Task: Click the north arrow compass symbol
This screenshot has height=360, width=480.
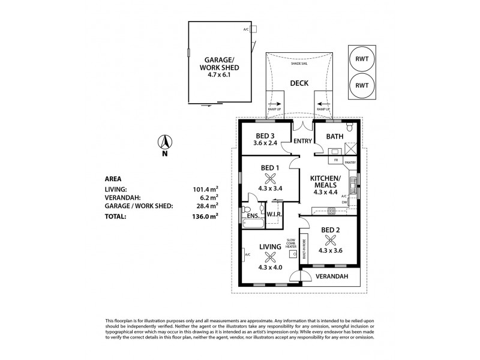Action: [x=163, y=143]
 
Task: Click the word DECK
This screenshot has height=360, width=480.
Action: [x=298, y=85]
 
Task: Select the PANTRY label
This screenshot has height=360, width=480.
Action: [x=350, y=161]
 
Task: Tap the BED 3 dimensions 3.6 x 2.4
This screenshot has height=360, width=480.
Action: [x=265, y=144]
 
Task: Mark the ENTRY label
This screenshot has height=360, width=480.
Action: [x=302, y=142]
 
